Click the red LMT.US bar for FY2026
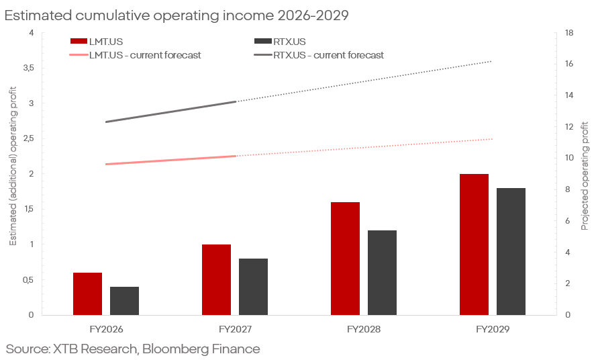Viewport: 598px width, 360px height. click(x=87, y=294)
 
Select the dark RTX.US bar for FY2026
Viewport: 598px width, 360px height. click(x=124, y=301)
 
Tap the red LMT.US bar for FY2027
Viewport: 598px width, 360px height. click(x=216, y=279)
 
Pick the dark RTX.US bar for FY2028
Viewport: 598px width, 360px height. click(x=382, y=273)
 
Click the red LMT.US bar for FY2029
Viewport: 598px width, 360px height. click(x=474, y=244)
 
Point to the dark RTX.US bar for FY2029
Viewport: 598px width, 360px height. click(x=511, y=251)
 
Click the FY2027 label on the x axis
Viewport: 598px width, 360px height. click(x=235, y=330)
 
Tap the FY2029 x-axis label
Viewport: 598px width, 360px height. click(x=493, y=330)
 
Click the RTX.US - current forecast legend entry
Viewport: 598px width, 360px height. click(x=328, y=55)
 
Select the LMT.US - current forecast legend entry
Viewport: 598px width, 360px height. click(x=144, y=55)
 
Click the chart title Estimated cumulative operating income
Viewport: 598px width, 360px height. click(x=177, y=15)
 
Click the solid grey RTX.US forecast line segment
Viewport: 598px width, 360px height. click(x=171, y=112)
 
